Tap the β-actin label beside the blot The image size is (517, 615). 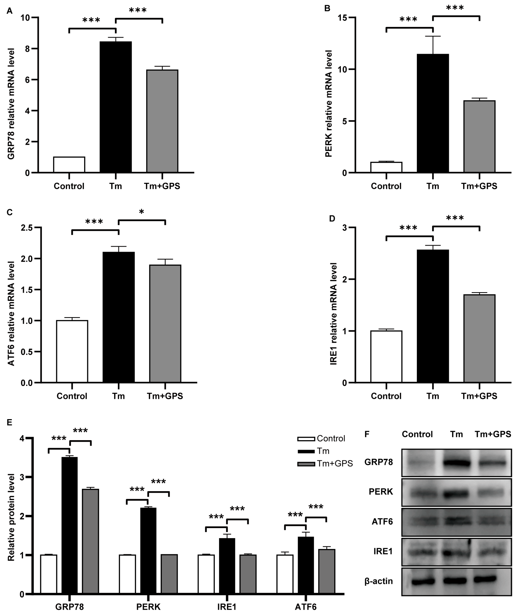(379, 581)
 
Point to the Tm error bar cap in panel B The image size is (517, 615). (433, 36)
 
